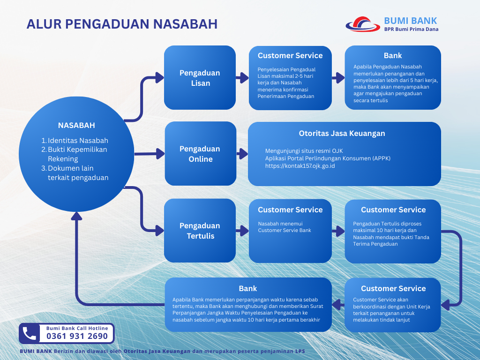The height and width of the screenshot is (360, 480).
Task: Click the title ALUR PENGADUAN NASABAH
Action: pyautogui.click(x=122, y=24)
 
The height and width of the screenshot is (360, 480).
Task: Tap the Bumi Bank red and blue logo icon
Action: pyautogui.click(x=363, y=24)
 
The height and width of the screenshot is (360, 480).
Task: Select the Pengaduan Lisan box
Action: pyautogui.click(x=200, y=77)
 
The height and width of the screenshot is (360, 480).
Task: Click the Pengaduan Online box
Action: pyautogui.click(x=201, y=154)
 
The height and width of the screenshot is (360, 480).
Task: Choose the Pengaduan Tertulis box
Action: pyautogui.click(x=200, y=231)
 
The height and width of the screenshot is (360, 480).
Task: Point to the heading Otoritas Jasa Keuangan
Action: pyautogui.click(x=342, y=134)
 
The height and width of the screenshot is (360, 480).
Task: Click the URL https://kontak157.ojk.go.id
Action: pyautogui.click(x=300, y=166)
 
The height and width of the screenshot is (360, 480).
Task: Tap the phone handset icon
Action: pyautogui.click(x=30, y=333)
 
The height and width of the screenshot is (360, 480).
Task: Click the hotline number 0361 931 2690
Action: pyautogui.click(x=77, y=336)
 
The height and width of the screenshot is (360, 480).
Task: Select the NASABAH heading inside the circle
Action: pyautogui.click(x=76, y=125)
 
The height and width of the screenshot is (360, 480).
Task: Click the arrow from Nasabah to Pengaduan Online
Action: pyautogui.click(x=150, y=154)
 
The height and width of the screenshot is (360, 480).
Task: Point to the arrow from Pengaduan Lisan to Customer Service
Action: pyautogui.click(x=242, y=78)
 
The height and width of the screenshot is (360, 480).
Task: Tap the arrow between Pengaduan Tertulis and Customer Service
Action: pyautogui.click(x=242, y=231)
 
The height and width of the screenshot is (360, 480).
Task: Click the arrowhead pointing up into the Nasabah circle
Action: pyautogui.click(x=76, y=216)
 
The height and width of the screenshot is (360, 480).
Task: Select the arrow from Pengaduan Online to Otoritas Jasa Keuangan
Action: pyautogui.click(x=242, y=154)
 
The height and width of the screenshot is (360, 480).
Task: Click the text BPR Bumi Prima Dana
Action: pyautogui.click(x=411, y=30)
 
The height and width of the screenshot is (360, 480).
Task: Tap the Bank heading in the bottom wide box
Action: pyautogui.click(x=247, y=288)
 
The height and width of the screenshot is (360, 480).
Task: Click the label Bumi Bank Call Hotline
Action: pyautogui.click(x=77, y=328)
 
